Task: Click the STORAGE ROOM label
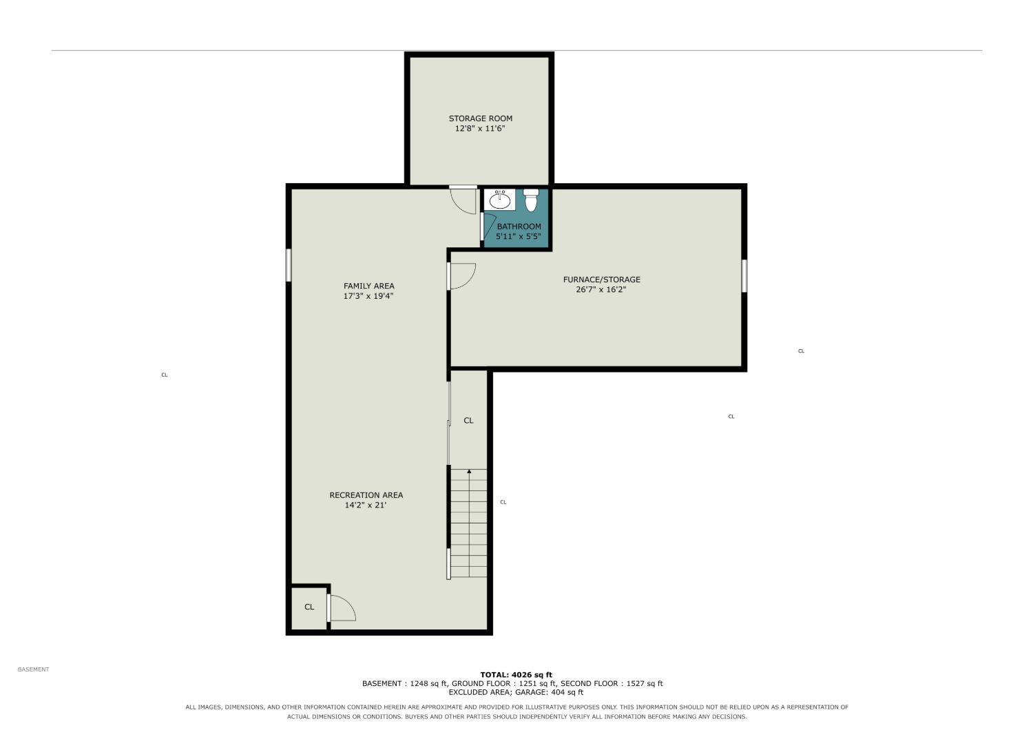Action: click(x=481, y=118)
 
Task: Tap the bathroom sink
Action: click(x=500, y=199)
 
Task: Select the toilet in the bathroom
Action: click(x=531, y=200)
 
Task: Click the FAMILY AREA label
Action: click(x=369, y=286)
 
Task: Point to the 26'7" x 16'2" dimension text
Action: click(x=601, y=290)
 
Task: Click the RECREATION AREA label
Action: click(x=366, y=495)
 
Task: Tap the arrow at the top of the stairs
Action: click(x=469, y=471)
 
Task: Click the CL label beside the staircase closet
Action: click(x=468, y=421)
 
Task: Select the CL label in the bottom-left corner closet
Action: click(x=309, y=607)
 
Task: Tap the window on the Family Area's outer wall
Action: click(x=289, y=265)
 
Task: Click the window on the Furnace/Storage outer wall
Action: click(x=744, y=275)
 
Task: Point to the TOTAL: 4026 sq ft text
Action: click(x=516, y=675)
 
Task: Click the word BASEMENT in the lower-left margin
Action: click(x=33, y=669)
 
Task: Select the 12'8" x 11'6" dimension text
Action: click(x=480, y=129)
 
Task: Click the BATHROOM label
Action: click(x=519, y=227)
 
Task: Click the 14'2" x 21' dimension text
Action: click(x=366, y=505)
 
